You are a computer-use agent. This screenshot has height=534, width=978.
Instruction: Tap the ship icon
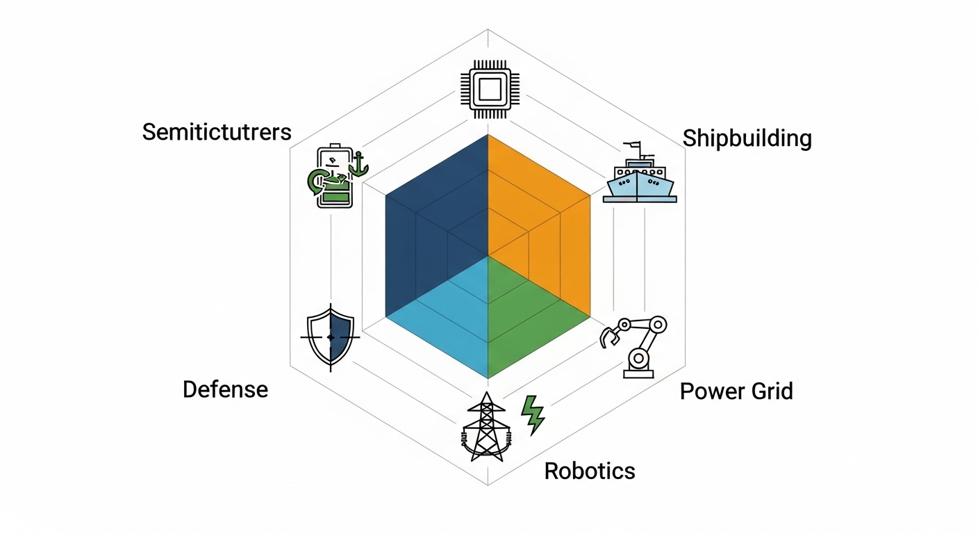[x=640, y=178]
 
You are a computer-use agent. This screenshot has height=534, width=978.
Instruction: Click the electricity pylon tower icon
[x=486, y=428]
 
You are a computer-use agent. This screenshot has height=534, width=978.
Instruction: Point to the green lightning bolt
[x=533, y=414]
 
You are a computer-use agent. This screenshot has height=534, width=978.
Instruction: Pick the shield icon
[x=331, y=337]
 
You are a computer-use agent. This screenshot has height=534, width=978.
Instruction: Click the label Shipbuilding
[x=747, y=138]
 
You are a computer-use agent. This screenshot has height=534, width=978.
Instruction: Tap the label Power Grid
[x=736, y=391]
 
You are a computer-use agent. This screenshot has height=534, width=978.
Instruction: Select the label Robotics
[x=590, y=471]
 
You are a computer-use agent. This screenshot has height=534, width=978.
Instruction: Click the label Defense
[x=225, y=389]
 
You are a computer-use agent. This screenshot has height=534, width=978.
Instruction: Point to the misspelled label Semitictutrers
[x=217, y=131]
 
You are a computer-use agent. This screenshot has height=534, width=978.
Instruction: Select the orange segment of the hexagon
[x=542, y=209]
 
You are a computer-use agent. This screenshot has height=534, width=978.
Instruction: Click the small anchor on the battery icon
[x=358, y=164]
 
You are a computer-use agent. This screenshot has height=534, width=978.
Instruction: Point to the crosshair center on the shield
[x=331, y=337]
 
